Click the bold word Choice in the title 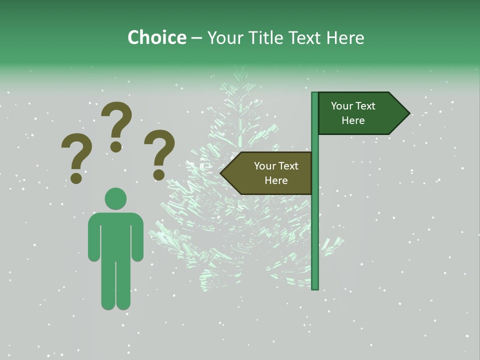click(x=156, y=37)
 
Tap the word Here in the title click(x=344, y=37)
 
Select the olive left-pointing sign click(x=270, y=173)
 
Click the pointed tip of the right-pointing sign click(x=408, y=113)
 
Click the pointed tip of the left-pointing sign click(x=221, y=173)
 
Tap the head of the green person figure click(x=115, y=198)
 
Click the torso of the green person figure click(x=115, y=235)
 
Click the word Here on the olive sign click(x=276, y=180)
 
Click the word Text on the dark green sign click(x=366, y=106)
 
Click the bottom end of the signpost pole click(x=314, y=287)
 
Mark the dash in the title click(x=196, y=38)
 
